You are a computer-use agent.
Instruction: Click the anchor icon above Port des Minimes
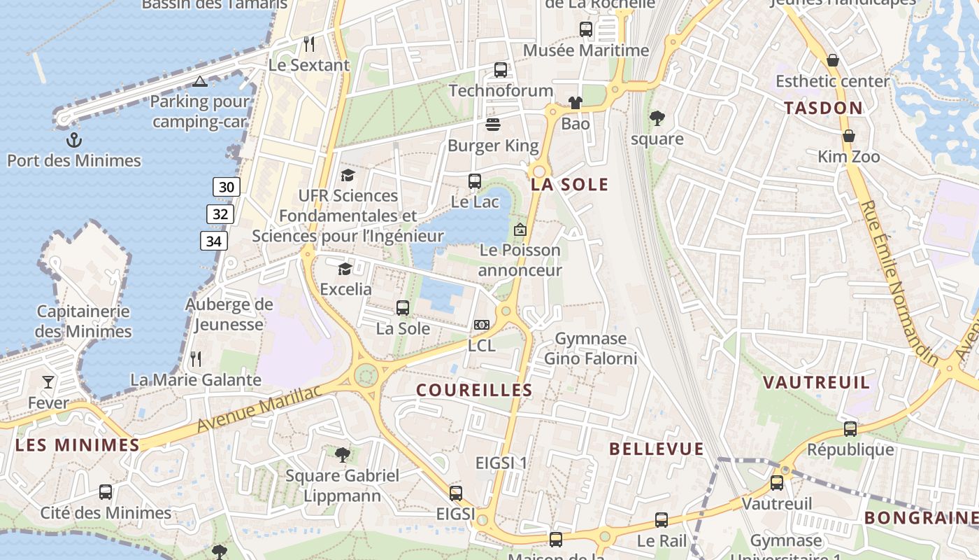tap(73, 141)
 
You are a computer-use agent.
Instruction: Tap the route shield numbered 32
tap(220, 214)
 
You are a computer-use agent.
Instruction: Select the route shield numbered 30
tap(226, 187)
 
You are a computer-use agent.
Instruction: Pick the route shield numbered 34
tap(214, 241)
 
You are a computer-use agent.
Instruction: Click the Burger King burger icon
tap(493, 125)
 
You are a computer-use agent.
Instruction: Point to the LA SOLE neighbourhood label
tap(569, 185)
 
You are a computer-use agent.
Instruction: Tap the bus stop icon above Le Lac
tap(475, 181)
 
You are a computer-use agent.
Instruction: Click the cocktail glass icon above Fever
tap(48, 381)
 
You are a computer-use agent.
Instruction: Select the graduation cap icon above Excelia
tap(345, 269)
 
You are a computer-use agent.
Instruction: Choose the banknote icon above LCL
tap(481, 325)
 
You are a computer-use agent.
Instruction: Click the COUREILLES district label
tap(474, 391)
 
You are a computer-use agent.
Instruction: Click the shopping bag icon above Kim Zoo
tap(849, 136)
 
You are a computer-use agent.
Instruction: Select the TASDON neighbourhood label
tap(823, 108)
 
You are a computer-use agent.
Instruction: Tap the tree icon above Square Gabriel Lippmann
tap(342, 455)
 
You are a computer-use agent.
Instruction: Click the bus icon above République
tap(850, 429)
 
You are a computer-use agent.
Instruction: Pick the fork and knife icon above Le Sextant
tap(309, 44)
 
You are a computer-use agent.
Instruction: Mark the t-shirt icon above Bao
tap(575, 103)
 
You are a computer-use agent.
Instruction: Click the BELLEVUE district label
tap(656, 449)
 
